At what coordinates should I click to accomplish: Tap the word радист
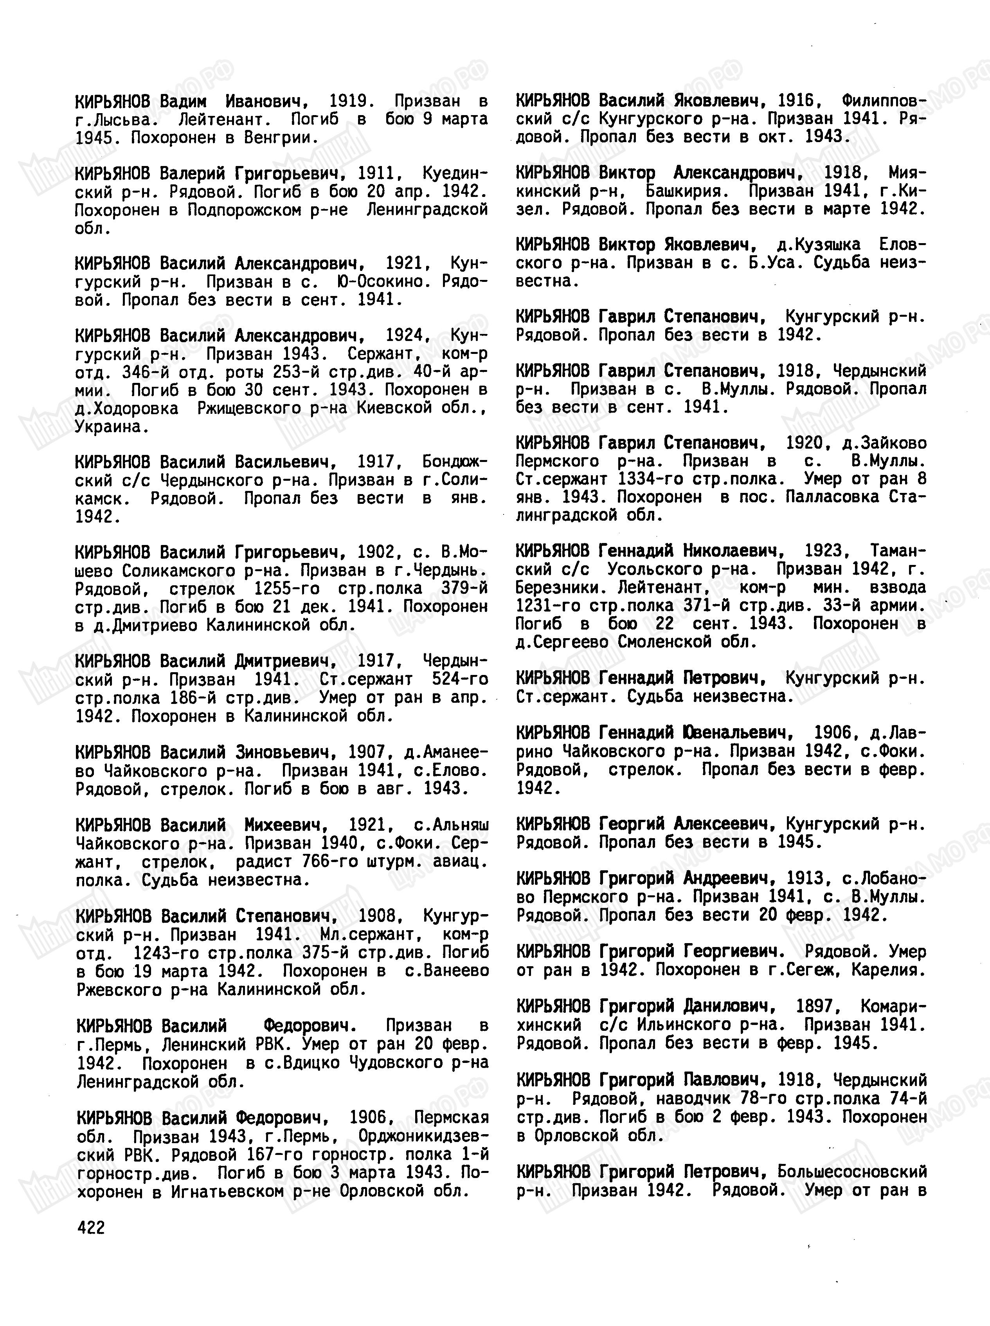point(264,862)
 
